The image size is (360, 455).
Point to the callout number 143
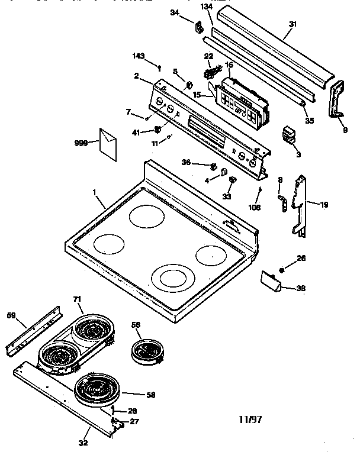tap(137, 56)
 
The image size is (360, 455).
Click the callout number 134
tap(205, 7)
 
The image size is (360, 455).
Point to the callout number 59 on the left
tap(11, 316)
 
